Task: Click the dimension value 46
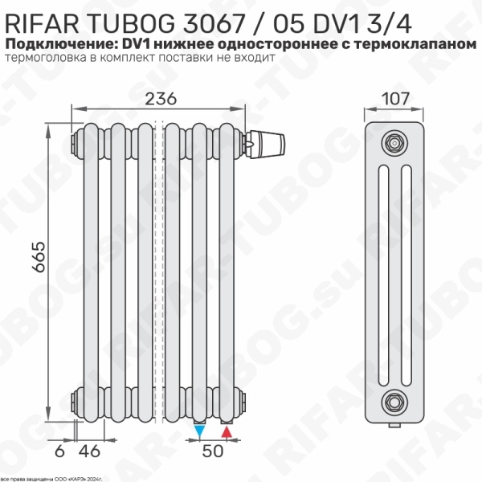92,451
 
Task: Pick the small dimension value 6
59,451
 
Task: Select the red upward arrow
227,433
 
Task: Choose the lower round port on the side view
393,398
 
